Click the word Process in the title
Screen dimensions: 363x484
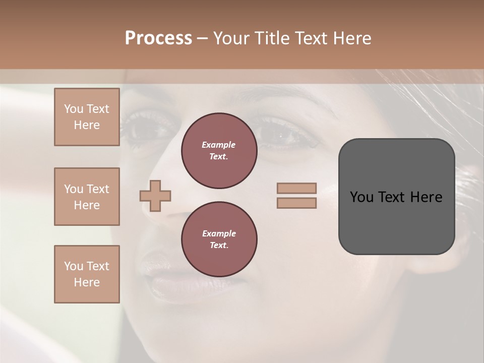[158, 38]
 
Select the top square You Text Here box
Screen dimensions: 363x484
[87, 117]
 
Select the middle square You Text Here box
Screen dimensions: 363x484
[87, 197]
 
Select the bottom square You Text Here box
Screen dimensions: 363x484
[87, 274]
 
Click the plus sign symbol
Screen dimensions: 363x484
[155, 196]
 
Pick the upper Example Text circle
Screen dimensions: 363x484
[219, 151]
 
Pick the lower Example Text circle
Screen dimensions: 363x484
[219, 239]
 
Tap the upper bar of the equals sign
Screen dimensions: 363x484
[296, 189]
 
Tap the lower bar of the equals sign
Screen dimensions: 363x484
[296, 203]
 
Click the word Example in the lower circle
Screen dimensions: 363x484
[219, 233]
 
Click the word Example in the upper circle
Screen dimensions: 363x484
[219, 145]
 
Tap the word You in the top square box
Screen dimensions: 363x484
[73, 109]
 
